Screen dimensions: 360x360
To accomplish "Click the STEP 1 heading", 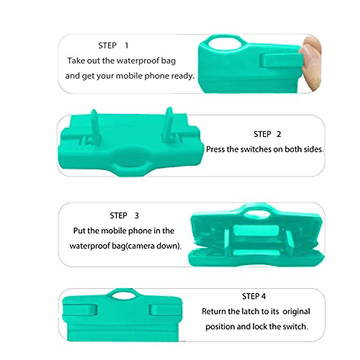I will click(x=113, y=46).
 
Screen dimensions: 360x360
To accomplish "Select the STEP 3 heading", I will click(x=124, y=216).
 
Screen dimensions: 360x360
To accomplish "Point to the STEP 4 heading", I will click(x=254, y=296).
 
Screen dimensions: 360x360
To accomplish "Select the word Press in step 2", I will click(x=215, y=149).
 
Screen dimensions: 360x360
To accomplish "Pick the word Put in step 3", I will click(x=79, y=231).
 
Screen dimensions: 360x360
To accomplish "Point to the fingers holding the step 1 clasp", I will click(x=312, y=63).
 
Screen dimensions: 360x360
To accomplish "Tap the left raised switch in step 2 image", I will click(x=95, y=126).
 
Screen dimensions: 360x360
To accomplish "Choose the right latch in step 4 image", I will click(x=165, y=310).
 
